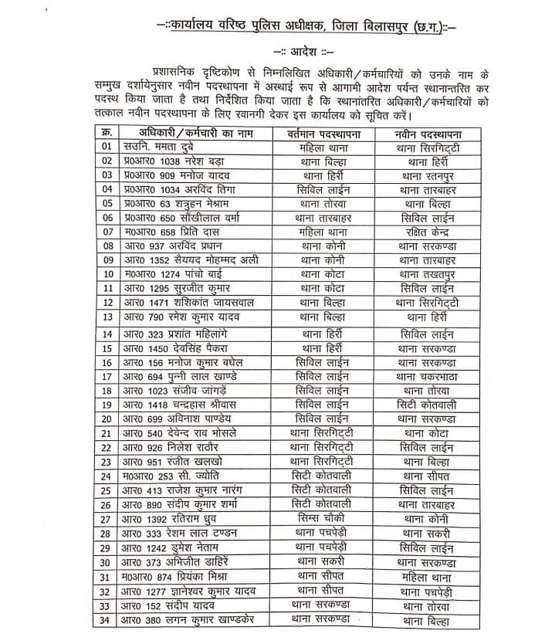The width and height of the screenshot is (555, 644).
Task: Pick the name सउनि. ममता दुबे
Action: pyautogui.click(x=162, y=147)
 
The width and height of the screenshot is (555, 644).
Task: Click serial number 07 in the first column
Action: pyautogui.click(x=107, y=231)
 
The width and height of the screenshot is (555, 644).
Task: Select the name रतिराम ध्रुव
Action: pyautogui.click(x=185, y=518)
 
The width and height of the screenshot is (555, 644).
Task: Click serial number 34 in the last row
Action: pyautogui.click(x=107, y=620)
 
